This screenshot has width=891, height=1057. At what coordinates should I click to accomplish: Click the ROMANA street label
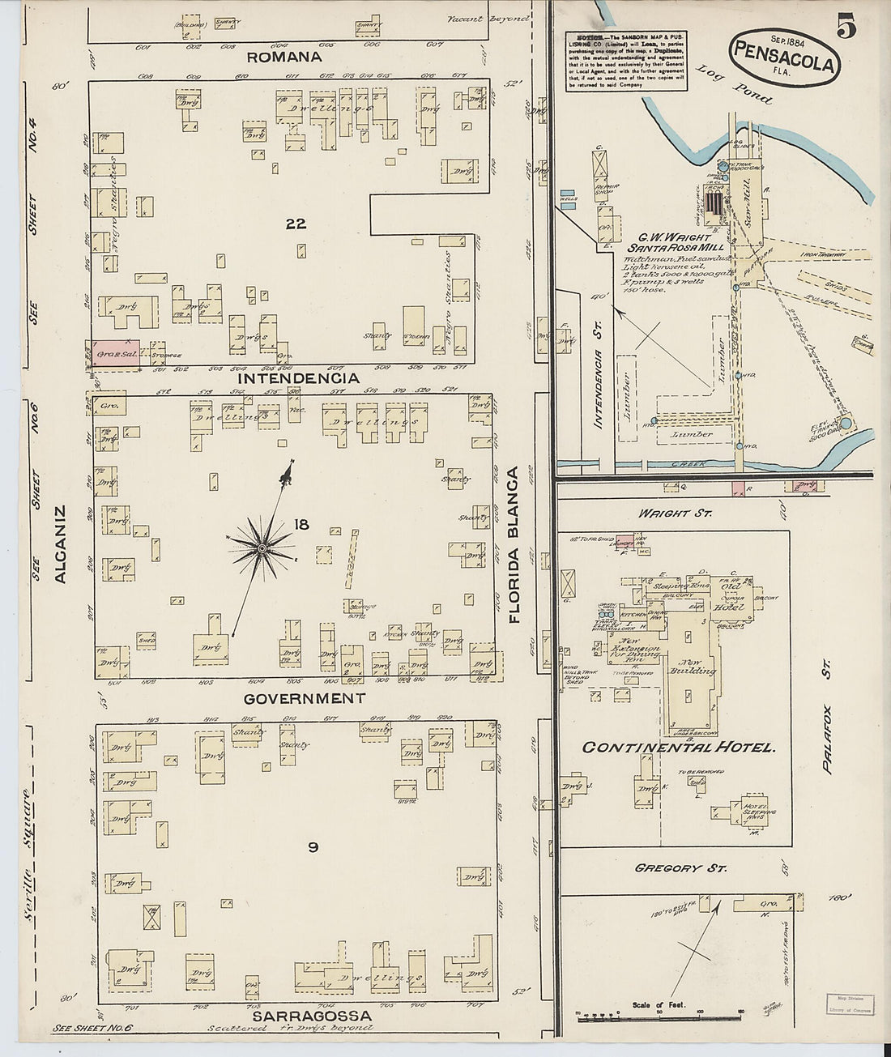point(284,57)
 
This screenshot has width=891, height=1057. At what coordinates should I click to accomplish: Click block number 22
point(296,224)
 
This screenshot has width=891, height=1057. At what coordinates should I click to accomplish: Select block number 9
point(313,848)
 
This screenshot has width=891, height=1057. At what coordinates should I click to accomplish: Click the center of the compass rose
point(262,550)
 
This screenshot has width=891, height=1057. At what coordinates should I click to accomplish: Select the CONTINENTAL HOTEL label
point(679,748)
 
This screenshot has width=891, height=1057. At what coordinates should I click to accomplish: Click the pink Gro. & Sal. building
point(115,353)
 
